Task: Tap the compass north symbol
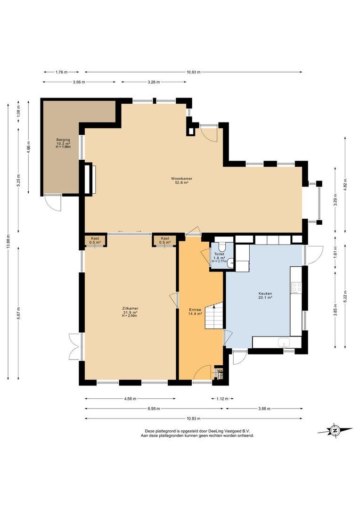pos(335,430)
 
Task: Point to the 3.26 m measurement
pos(153,82)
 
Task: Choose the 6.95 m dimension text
pos(154,409)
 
